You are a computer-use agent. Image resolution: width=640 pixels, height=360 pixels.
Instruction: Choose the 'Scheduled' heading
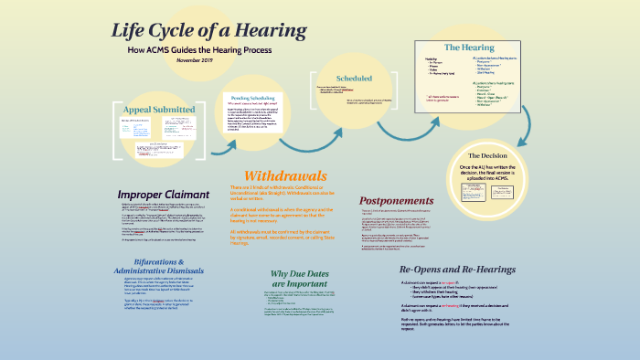coord(353,79)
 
